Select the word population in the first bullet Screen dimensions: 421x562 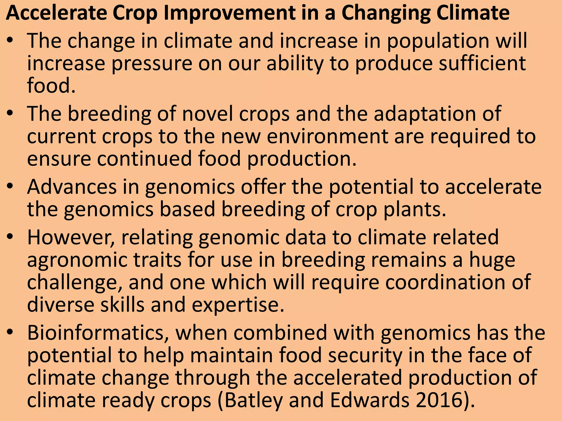(438, 41)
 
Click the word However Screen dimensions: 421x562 (71, 237)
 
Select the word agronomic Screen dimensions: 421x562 (77, 260)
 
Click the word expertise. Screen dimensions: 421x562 (238, 305)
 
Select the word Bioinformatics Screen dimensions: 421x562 (98, 333)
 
